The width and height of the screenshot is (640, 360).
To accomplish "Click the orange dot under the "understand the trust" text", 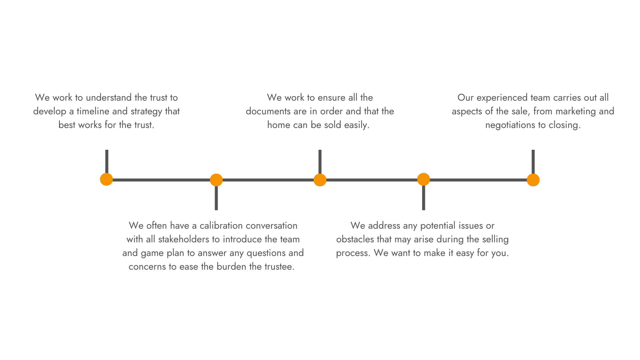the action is (x=106, y=179).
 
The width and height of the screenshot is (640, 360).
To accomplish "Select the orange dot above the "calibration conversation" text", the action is (x=216, y=180).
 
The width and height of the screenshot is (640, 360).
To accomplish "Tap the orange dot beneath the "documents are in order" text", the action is (x=320, y=180).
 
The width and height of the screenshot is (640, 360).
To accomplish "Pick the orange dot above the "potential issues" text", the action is (x=424, y=179).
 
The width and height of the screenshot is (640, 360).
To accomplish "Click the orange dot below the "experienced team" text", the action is (x=533, y=180).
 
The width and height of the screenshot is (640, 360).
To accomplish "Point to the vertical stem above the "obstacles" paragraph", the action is (x=424, y=198).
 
